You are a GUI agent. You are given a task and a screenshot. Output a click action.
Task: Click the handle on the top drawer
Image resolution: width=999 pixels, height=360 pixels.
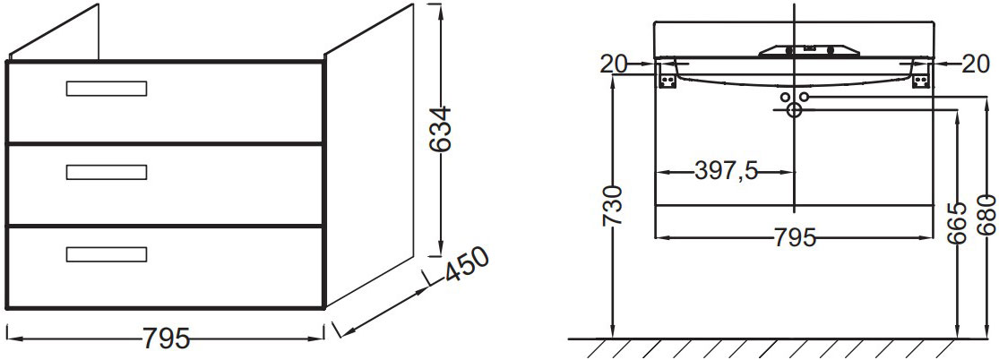pos(106,88)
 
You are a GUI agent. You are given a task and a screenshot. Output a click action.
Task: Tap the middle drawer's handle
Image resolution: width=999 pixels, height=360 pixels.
pos(106,171)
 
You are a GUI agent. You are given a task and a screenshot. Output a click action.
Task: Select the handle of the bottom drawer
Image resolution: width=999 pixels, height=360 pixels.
pos(106,254)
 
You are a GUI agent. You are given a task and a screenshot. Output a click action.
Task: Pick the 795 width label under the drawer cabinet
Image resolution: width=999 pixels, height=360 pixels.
pos(166,339)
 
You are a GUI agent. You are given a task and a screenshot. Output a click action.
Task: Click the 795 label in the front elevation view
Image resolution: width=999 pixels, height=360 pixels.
pos(794,238)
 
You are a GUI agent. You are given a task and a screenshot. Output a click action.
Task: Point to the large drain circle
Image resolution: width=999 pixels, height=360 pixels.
pos(794,110)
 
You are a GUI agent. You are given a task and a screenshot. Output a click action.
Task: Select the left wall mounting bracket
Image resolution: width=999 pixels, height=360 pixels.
pos(666,79)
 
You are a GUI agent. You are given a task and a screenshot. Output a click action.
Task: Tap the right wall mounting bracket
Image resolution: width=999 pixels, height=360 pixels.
pos(921,79)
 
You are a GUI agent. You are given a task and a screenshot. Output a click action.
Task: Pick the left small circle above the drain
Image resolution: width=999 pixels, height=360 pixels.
pos(785,97)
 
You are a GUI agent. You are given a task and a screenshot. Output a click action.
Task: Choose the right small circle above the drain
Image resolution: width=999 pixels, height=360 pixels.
pos(804,97)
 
